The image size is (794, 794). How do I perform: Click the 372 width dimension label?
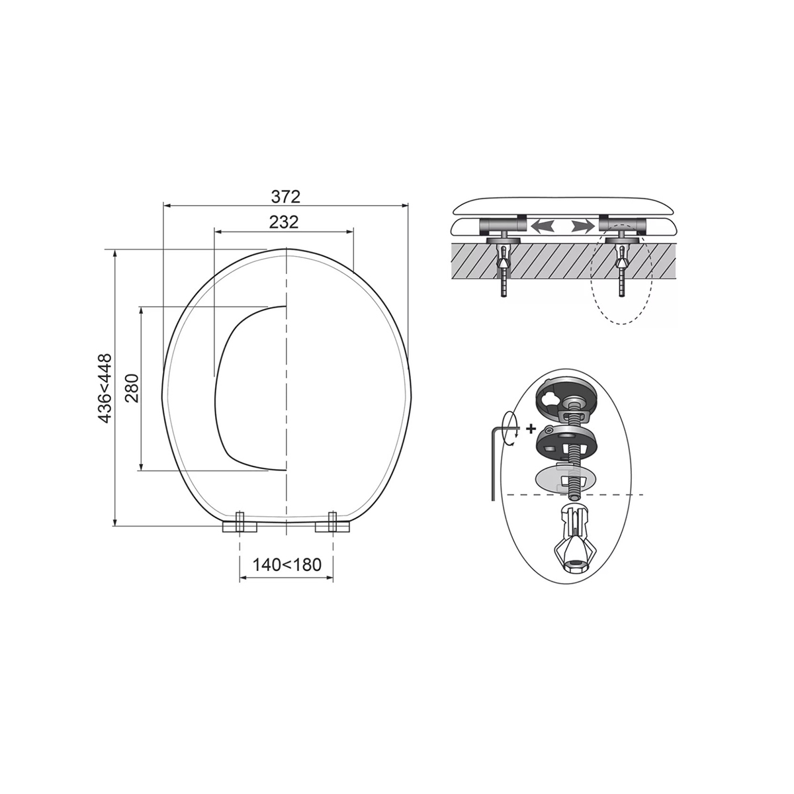point(286,197)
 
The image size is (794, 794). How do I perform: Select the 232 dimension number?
point(284,222)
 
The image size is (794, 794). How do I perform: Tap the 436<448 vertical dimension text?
point(105,388)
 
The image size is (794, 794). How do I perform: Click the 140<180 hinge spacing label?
point(287,564)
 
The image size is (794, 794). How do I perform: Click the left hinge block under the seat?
point(240,523)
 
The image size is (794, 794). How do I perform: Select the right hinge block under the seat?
point(333,523)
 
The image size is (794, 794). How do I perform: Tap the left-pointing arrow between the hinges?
point(543,226)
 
